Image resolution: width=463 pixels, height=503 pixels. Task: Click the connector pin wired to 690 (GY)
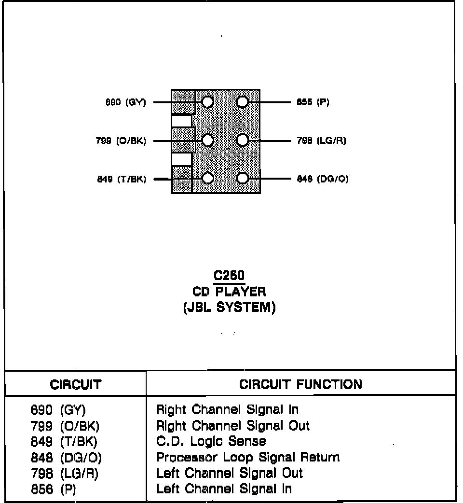207,102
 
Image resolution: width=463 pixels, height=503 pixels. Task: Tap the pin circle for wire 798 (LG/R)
243,140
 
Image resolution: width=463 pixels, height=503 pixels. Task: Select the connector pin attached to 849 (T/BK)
207,179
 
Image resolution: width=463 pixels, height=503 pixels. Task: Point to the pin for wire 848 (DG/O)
243,179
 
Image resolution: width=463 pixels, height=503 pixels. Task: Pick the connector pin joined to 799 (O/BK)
207,140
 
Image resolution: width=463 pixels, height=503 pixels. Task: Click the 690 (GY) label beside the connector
125,103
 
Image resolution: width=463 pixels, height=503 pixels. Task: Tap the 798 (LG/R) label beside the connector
322,141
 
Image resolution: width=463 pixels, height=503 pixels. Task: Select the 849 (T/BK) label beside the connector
122,179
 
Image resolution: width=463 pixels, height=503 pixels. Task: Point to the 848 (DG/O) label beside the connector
323,179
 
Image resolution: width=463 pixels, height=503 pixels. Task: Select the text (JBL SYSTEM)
230,308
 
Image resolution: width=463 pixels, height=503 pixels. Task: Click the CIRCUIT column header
76,385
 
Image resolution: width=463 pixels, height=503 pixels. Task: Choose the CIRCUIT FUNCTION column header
300,385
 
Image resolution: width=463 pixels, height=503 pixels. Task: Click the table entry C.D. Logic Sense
211,442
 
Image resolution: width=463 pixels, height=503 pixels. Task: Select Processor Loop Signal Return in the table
248,457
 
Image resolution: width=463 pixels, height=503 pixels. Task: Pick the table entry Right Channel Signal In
227,410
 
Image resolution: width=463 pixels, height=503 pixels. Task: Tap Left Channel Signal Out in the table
230,473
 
